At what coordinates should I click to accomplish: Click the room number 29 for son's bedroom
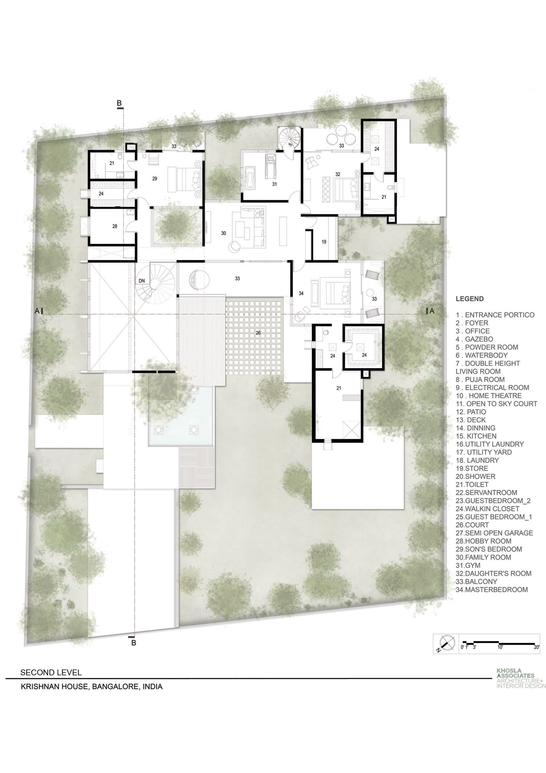[155, 179]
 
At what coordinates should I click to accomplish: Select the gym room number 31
[274, 184]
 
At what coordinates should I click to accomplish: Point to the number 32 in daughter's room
[338, 174]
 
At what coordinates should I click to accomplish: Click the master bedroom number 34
[301, 293]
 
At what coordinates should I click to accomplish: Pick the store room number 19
[324, 242]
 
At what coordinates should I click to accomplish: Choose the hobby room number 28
[115, 226]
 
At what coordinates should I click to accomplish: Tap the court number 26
[258, 333]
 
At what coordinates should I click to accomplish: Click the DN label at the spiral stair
[142, 281]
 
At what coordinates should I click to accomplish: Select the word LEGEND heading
[470, 299]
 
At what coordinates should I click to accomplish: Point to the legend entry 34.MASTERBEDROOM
[492, 590]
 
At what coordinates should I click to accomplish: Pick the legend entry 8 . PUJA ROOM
[480, 379]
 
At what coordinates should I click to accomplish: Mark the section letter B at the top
[119, 103]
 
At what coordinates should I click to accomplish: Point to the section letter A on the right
[432, 311]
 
